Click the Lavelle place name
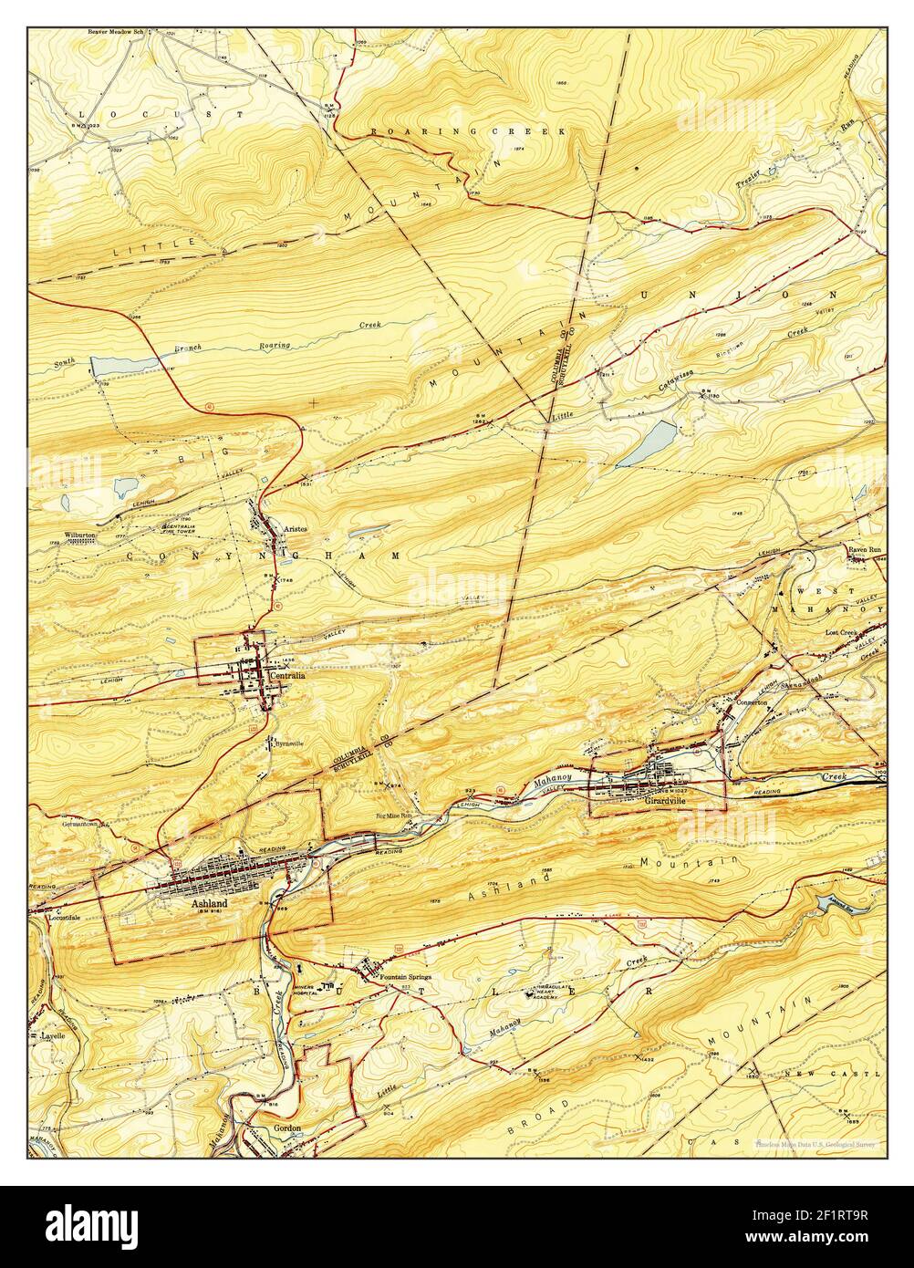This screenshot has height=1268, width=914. [56, 1036]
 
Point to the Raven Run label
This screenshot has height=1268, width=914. [866, 551]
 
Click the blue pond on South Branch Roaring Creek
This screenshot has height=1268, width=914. [123, 365]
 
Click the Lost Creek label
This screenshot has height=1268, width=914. [842, 632]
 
